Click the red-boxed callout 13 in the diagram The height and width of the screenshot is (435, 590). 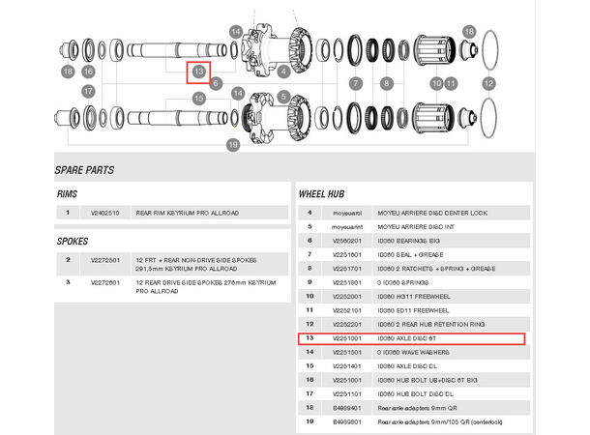coord(199,71)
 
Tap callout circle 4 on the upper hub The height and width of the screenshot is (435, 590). coord(283,72)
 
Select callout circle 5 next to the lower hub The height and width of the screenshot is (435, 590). coord(283,97)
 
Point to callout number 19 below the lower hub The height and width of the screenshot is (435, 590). coord(232,145)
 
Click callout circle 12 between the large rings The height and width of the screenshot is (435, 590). coord(488,84)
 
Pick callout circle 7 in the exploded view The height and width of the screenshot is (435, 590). coord(355,84)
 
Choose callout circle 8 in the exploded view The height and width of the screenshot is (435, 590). coord(386,84)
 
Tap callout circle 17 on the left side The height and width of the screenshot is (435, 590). coord(88,92)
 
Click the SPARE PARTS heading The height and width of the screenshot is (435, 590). coord(85,170)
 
